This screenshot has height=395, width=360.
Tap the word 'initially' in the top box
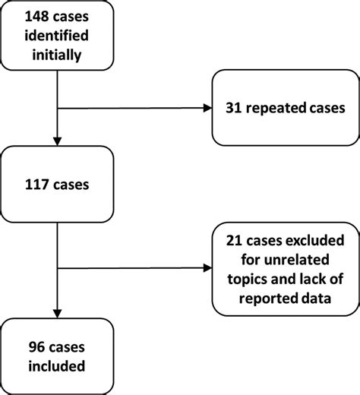[x=58, y=57]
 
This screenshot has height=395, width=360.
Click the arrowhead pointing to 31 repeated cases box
[x=206, y=107]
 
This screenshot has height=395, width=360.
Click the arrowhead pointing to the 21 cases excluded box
[x=206, y=267]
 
